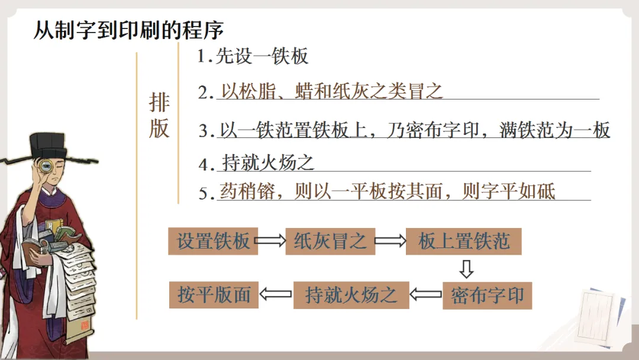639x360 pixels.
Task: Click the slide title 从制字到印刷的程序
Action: (x=128, y=30)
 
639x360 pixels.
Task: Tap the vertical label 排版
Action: (x=159, y=115)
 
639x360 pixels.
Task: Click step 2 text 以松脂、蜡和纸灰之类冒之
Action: (x=332, y=91)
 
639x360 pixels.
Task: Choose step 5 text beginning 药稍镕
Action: (x=388, y=191)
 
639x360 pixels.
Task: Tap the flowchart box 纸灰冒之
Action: (x=330, y=241)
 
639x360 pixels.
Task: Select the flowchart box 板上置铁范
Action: (x=464, y=241)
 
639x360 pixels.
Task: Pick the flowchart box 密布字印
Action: (x=487, y=295)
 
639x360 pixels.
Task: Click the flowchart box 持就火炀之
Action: (x=351, y=295)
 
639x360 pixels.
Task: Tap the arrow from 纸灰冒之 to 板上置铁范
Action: (x=390, y=241)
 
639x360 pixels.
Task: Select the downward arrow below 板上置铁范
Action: (x=467, y=269)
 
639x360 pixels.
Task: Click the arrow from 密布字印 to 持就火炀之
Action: (x=426, y=294)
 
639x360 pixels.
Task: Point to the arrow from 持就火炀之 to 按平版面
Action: (x=276, y=294)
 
